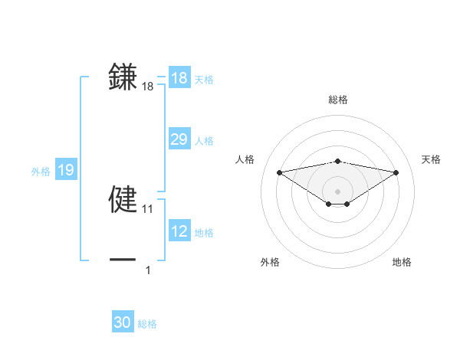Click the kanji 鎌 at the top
123,77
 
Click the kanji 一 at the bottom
123,260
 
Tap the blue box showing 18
179,78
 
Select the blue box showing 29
179,139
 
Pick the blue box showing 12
179,231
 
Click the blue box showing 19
66,170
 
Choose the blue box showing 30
123,322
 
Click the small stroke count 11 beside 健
148,209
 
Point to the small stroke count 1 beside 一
148,270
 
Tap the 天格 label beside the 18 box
204,80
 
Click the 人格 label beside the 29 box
204,141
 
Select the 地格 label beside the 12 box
204,233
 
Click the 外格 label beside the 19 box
41,172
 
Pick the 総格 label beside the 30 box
147,324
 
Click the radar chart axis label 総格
338,100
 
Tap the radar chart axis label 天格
431,159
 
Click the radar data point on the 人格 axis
279,172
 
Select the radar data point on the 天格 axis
396,172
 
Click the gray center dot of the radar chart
338,191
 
